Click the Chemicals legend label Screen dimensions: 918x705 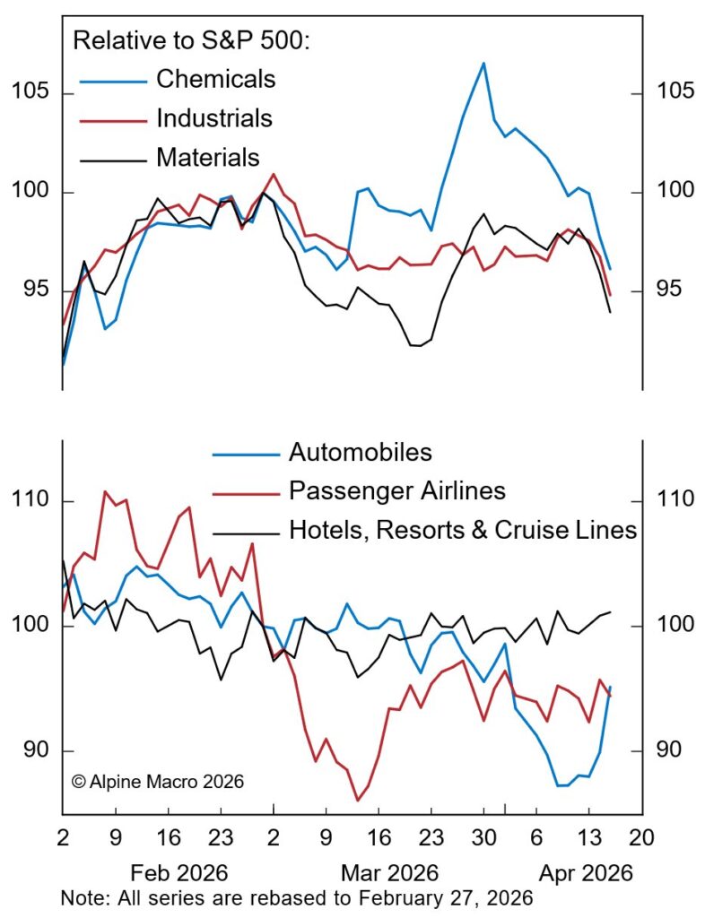point(215,79)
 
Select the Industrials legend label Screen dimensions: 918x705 point(213,117)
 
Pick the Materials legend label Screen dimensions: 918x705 point(208,158)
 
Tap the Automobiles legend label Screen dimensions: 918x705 point(360,453)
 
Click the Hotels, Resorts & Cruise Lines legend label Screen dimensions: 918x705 point(462,530)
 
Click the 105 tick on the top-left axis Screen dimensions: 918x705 point(30,93)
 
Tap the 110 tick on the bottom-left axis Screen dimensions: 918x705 point(30,500)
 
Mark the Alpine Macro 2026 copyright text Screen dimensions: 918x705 point(158,781)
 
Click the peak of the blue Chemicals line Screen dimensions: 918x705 point(483,63)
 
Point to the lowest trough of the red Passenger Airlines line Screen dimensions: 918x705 point(358,801)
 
